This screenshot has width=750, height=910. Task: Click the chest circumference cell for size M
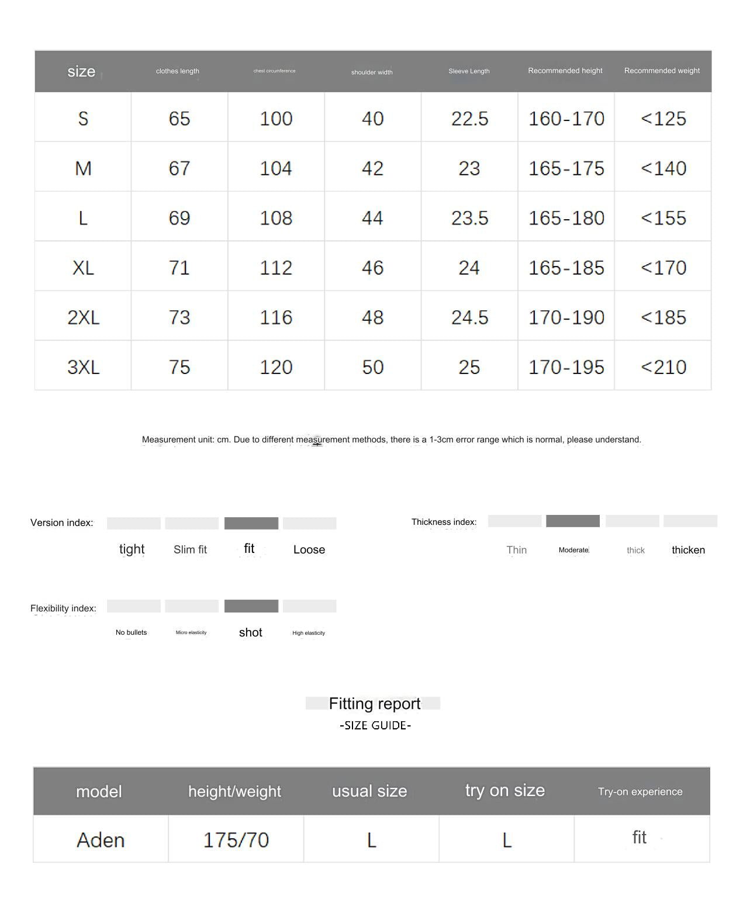[275, 168]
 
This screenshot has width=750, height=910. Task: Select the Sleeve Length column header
[469, 71]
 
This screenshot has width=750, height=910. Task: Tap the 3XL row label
[83, 367]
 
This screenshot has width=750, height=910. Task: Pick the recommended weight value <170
[663, 268]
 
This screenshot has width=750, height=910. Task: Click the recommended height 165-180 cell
[566, 218]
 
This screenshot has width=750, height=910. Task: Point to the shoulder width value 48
[372, 317]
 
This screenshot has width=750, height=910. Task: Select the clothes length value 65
[179, 119]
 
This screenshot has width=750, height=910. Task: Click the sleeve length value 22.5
[469, 119]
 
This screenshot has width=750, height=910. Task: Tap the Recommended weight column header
[662, 71]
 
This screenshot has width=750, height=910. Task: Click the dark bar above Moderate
[572, 521]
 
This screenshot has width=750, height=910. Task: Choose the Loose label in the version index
[309, 549]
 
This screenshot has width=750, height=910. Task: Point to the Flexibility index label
[63, 608]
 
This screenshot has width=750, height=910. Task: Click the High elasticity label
[309, 633]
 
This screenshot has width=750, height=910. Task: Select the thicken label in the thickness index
[688, 550]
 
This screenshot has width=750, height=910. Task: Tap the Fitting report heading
[374, 704]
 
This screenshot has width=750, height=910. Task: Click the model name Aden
[101, 840]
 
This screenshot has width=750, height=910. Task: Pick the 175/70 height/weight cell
[236, 840]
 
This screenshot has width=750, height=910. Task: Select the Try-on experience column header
[640, 791]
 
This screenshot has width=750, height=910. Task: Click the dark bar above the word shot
[251, 606]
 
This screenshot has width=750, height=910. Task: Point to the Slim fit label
[190, 549]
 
